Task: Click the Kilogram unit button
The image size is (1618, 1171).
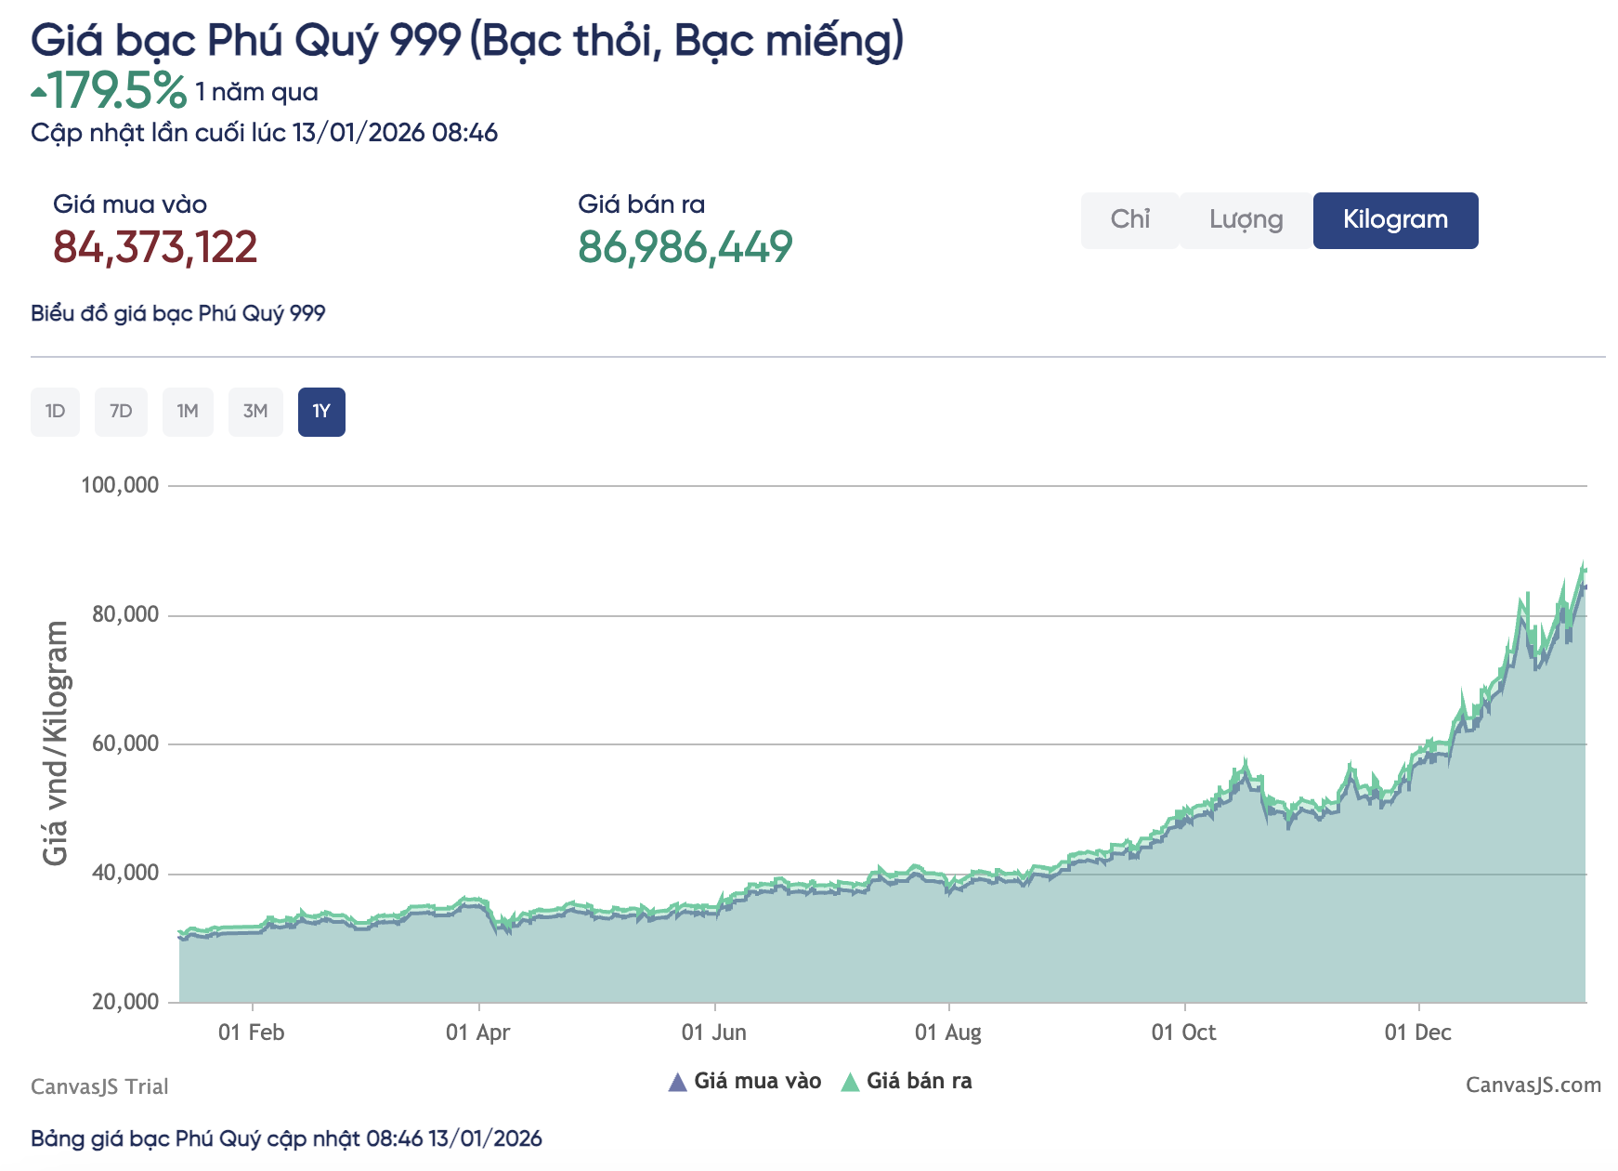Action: coord(1395,220)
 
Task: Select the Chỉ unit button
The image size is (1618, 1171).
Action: coord(1129,220)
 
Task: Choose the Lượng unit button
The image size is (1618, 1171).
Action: coord(1246,220)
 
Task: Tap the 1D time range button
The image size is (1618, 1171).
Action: coord(55,412)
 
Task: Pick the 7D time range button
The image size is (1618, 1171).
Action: coord(121,412)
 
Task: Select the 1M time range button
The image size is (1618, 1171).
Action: coord(188,412)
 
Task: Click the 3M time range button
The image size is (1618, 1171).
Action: coord(255,412)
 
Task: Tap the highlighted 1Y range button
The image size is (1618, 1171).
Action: coord(321,412)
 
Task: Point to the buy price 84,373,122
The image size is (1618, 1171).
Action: coord(155,247)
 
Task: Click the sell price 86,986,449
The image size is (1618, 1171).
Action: coord(685,247)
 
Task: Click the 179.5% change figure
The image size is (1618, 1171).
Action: coord(116,91)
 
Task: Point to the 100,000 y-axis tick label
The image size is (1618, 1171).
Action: coord(120,485)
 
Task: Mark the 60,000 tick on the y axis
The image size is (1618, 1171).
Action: coord(125,743)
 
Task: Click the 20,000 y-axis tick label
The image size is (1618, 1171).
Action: coord(125,1002)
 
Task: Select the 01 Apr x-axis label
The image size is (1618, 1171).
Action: coord(477,1033)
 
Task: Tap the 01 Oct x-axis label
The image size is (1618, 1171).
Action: coord(1183,1033)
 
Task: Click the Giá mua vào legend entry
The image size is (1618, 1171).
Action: coord(745,1082)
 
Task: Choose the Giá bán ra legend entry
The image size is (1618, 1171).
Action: coord(907,1082)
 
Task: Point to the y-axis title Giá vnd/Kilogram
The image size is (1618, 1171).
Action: coord(56,743)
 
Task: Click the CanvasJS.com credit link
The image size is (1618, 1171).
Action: coord(1533,1085)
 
